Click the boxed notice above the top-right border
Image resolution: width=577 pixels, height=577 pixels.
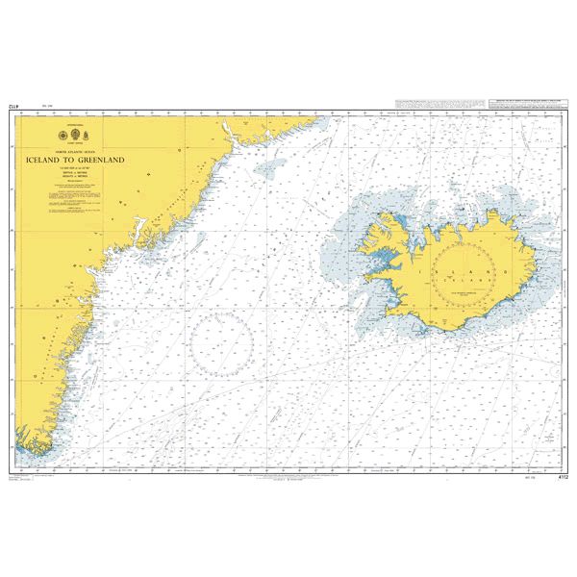click(528, 103)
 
